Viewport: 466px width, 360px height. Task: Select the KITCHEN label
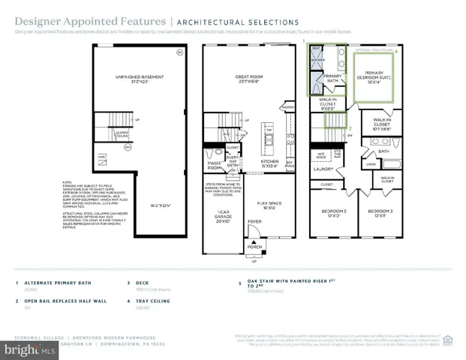pos(269,161)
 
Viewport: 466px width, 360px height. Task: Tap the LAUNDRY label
pos(323,169)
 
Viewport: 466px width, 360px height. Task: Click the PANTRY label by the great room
pos(287,107)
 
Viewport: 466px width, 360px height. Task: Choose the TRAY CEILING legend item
pos(152,301)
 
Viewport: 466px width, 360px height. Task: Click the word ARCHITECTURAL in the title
pos(212,22)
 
